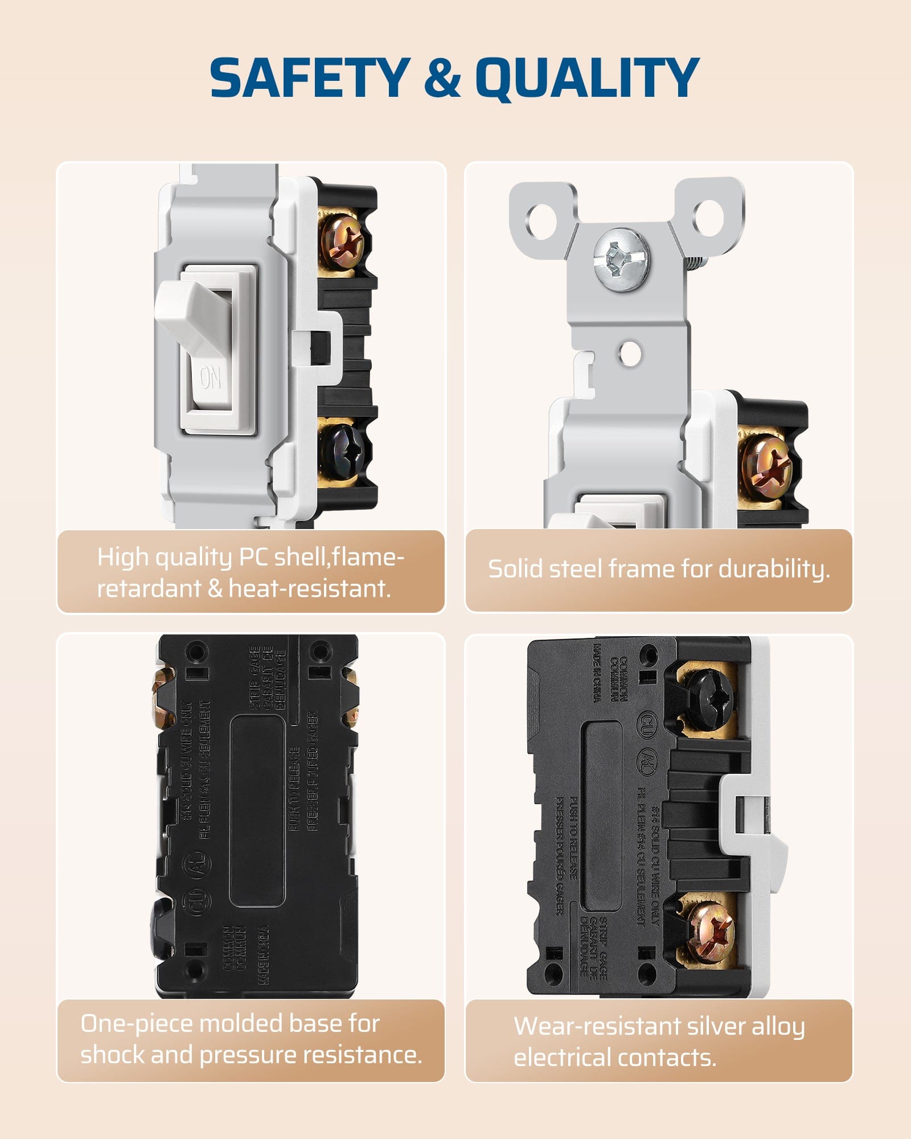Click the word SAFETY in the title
coord(310,78)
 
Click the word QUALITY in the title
coord(587,78)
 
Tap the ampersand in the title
coord(442,78)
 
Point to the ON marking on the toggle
coord(210,377)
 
